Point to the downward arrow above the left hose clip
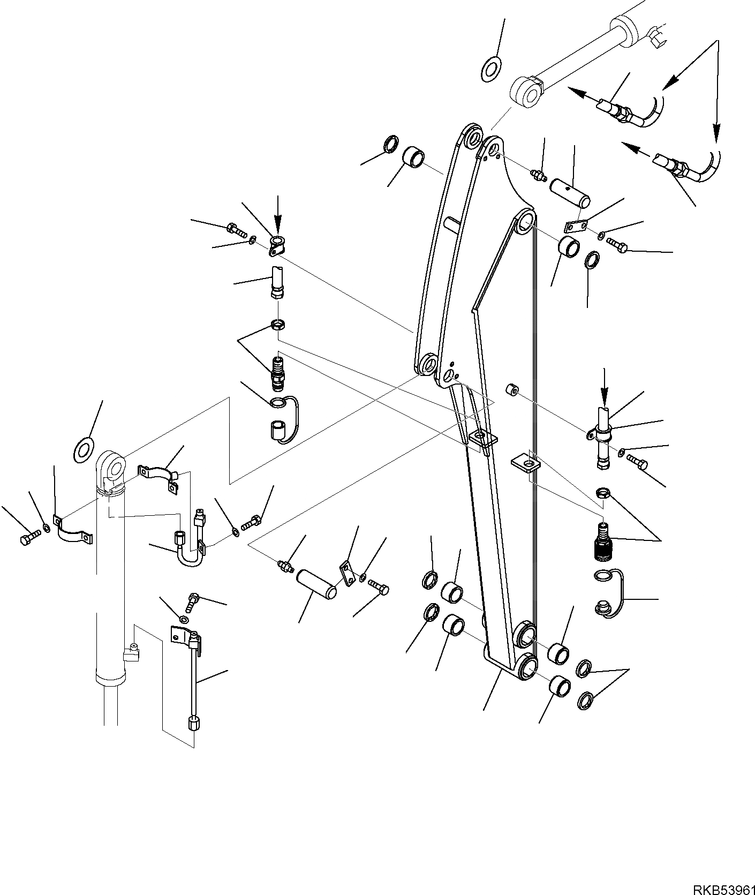click(x=278, y=213)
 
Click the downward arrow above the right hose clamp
click(x=603, y=386)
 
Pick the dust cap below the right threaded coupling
click(x=603, y=607)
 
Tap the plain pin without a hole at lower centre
click(x=318, y=584)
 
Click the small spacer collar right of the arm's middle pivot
click(x=511, y=390)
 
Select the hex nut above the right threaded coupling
click(x=602, y=492)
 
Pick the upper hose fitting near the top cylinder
click(x=613, y=107)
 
